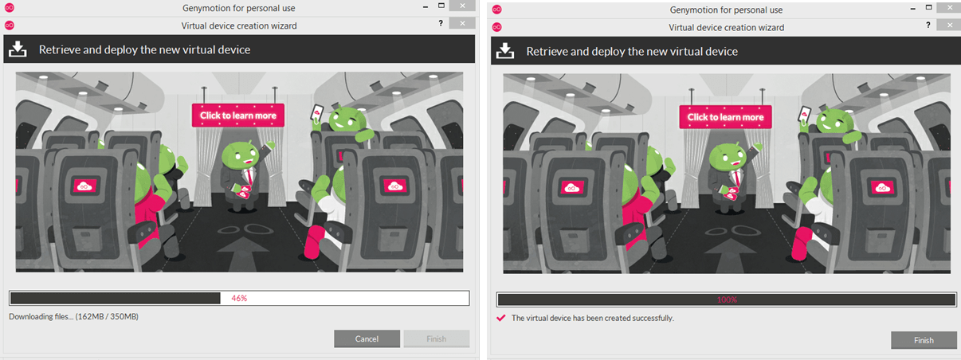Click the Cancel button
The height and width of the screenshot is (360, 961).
pyautogui.click(x=367, y=339)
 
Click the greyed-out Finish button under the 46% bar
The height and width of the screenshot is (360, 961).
pyautogui.click(x=436, y=339)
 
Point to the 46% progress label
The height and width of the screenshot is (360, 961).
pyautogui.click(x=239, y=299)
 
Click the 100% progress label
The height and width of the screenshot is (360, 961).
pyautogui.click(x=727, y=300)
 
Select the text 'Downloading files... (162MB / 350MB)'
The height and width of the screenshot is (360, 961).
pyautogui.click(x=73, y=317)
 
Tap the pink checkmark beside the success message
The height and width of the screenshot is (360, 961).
pyautogui.click(x=500, y=318)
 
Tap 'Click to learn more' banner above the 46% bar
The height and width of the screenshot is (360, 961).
pyautogui.click(x=237, y=115)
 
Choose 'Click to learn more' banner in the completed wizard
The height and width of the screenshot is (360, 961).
pyautogui.click(x=725, y=117)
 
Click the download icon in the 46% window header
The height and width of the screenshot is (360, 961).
pyautogui.click(x=17, y=49)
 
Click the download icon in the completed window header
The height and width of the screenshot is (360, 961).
pyautogui.click(x=504, y=51)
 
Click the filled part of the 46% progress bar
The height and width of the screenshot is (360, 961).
pyautogui.click(x=115, y=299)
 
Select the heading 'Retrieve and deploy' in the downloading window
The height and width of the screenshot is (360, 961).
pyautogui.click(x=144, y=50)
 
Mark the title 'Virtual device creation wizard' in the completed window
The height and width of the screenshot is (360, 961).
pyautogui.click(x=726, y=27)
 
